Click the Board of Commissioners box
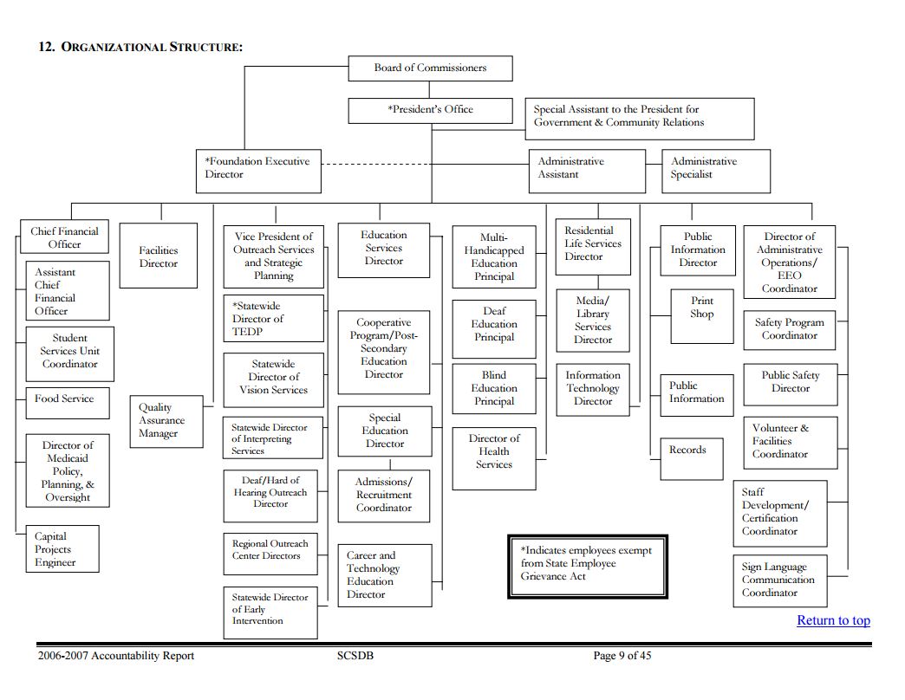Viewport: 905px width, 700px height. [x=430, y=68]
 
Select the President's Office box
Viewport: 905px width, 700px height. [x=430, y=110]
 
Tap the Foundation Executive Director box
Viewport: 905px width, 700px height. [x=258, y=169]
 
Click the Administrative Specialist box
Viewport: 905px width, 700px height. [x=716, y=169]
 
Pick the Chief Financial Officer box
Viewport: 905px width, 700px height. [x=64, y=237]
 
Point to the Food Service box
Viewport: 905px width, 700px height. [x=66, y=400]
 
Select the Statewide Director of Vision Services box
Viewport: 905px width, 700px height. [x=273, y=378]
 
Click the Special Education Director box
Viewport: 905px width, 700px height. [x=384, y=431]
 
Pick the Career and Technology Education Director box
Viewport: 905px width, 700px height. [x=384, y=575]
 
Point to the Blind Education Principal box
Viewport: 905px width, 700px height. [x=493, y=389]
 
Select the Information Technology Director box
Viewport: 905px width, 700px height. [x=593, y=388]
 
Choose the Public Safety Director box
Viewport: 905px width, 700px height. [x=790, y=383]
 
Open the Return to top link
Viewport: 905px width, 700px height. [x=833, y=620]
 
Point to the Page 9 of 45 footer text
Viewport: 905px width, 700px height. [x=622, y=656]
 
